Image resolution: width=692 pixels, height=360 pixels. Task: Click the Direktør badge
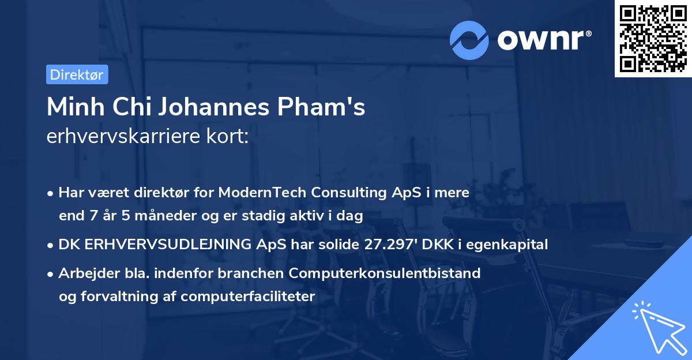(x=77, y=74)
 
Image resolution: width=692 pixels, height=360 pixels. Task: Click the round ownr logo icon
(x=469, y=40)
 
